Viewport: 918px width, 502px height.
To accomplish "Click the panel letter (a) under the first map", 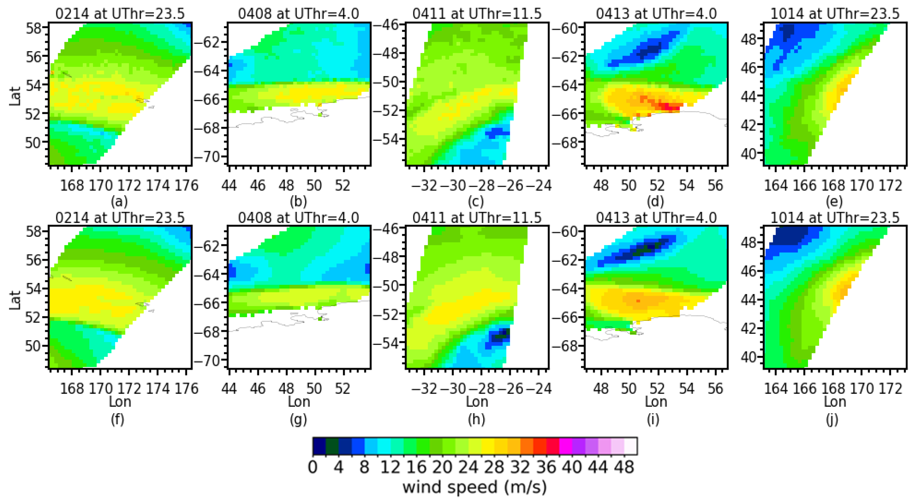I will tap(119, 202).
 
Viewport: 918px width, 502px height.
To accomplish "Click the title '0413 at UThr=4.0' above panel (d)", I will tap(656, 14).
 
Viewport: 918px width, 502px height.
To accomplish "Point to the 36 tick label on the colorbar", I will tap(546, 467).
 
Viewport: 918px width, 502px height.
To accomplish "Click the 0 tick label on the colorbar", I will tap(313, 467).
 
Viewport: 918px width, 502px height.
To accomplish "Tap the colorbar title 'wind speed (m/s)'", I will tap(474, 487).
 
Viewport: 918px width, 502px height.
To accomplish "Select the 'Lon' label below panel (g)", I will tap(299, 402).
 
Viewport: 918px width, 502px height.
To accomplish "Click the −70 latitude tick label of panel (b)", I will tap(207, 157).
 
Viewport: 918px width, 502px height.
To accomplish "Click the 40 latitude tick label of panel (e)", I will tap(748, 154).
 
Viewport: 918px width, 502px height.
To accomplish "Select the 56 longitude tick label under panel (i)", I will tap(715, 389).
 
